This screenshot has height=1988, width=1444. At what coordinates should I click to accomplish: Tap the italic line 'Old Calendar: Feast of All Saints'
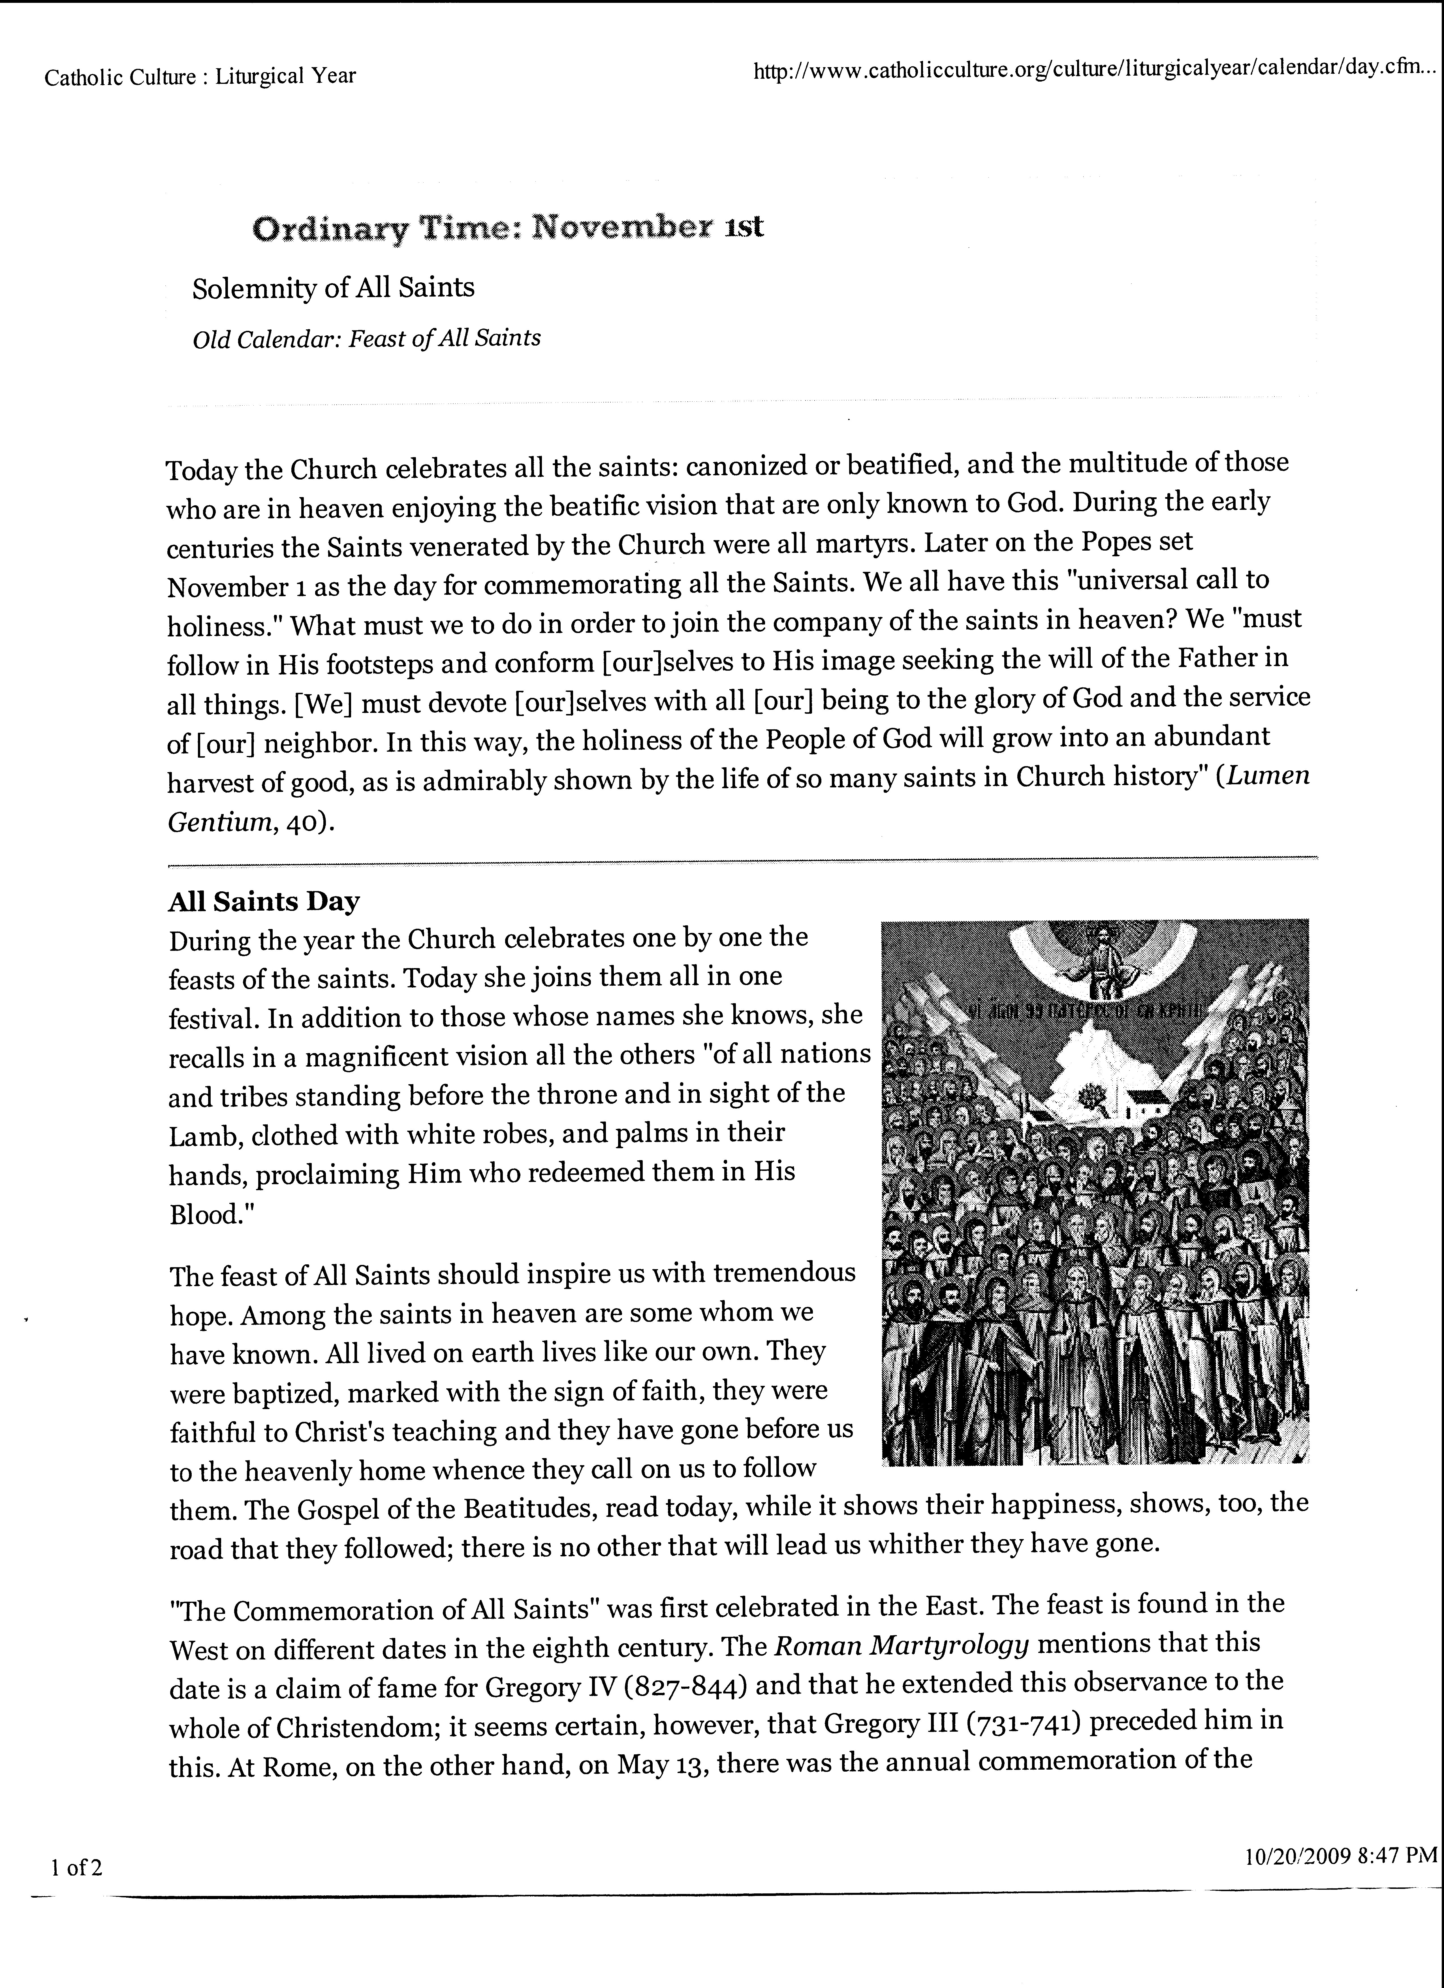pos(366,338)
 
